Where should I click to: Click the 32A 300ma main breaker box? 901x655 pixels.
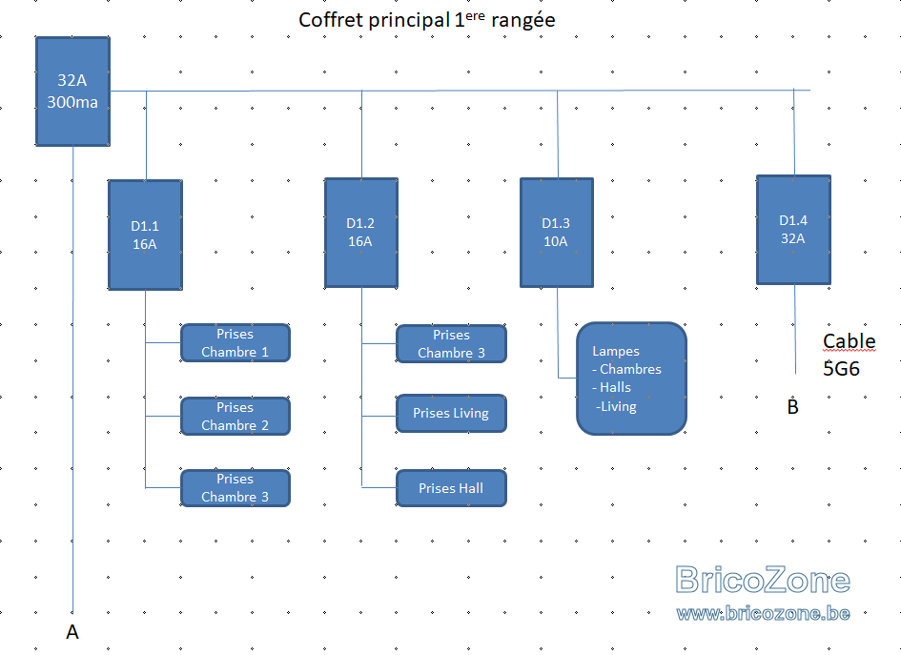[x=73, y=92]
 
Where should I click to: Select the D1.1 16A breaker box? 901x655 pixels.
[x=145, y=235]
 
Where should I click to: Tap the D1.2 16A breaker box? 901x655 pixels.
[x=361, y=233]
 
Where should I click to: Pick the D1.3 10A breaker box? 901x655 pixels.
[x=557, y=233]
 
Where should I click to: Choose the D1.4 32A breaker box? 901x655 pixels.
[x=793, y=230]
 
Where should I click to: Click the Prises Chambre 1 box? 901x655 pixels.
[x=235, y=343]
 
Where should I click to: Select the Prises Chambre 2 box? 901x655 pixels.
[x=235, y=416]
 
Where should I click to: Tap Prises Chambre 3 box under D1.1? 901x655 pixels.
[x=235, y=488]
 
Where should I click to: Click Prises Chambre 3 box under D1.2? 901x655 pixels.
[x=452, y=343]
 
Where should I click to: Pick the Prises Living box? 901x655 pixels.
[x=452, y=413]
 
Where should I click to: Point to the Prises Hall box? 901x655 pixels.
[x=452, y=488]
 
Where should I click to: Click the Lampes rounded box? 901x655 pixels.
[x=631, y=379]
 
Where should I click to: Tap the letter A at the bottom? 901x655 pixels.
[x=72, y=632]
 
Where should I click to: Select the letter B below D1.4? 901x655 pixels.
[x=793, y=407]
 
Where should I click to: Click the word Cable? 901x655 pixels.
[x=850, y=341]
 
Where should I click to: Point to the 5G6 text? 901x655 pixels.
[x=841, y=368]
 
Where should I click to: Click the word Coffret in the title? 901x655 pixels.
[x=331, y=20]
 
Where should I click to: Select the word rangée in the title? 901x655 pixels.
[x=523, y=21]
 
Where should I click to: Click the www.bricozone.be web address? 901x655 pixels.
[x=763, y=613]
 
